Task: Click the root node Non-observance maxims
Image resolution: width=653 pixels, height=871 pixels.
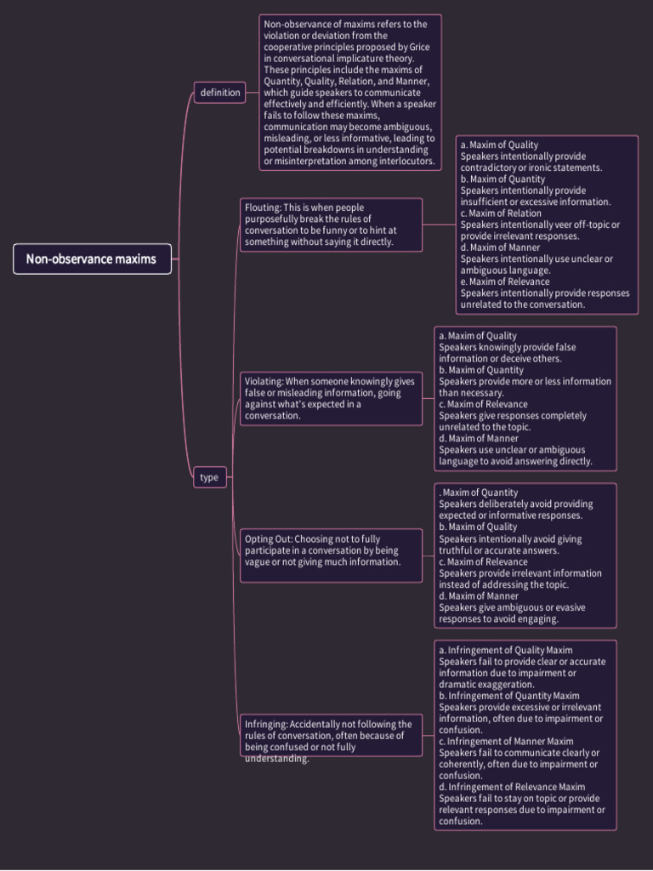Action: [92, 259]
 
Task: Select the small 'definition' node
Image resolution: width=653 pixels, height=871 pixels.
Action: [220, 92]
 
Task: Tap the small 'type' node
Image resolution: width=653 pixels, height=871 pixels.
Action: [209, 477]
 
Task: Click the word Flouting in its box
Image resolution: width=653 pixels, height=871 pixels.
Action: [262, 208]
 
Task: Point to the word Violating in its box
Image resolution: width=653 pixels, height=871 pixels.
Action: [264, 381]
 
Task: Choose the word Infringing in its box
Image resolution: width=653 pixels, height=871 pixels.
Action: [265, 725]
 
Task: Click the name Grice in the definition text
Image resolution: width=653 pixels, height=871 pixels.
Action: [419, 47]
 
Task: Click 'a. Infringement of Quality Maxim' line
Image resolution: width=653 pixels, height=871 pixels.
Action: [506, 650]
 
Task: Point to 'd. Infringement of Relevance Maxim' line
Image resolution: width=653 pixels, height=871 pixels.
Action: [512, 787]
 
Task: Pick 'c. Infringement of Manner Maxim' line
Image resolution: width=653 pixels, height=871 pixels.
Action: [506, 741]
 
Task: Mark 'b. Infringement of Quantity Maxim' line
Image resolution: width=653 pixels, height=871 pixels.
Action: [509, 696]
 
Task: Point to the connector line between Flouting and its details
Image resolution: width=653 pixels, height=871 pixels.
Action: [439, 225]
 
